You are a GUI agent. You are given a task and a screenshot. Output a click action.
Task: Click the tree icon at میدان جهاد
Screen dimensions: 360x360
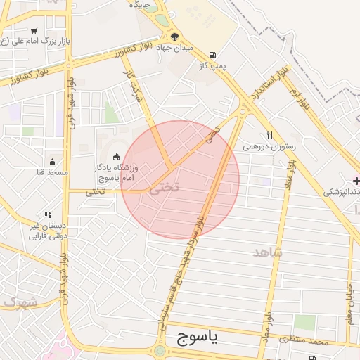pyautogui.click(x=175, y=37)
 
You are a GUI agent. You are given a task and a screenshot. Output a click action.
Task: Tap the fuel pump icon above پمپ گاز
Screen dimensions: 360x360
pyautogui.click(x=212, y=55)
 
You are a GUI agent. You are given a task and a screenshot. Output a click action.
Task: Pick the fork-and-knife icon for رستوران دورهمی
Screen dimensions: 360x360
pyautogui.click(x=269, y=136)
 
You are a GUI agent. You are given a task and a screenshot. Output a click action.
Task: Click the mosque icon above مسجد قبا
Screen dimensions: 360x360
pyautogui.click(x=51, y=162)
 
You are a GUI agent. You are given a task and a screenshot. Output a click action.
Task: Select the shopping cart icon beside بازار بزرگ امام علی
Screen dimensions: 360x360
pyautogui.click(x=34, y=30)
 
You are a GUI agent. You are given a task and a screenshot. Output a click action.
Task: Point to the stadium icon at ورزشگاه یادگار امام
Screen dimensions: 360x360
pyautogui.click(x=116, y=157)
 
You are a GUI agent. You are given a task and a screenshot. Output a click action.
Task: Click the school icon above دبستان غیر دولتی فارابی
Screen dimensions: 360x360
pyautogui.click(x=48, y=215)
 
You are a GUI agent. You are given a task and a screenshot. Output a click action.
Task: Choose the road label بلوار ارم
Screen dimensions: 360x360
pyautogui.click(x=302, y=94)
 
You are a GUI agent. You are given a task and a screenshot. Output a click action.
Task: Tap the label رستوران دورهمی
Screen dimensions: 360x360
pyautogui.click(x=270, y=147)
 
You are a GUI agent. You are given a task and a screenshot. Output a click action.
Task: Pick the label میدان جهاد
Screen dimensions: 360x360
pyautogui.click(x=175, y=47)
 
